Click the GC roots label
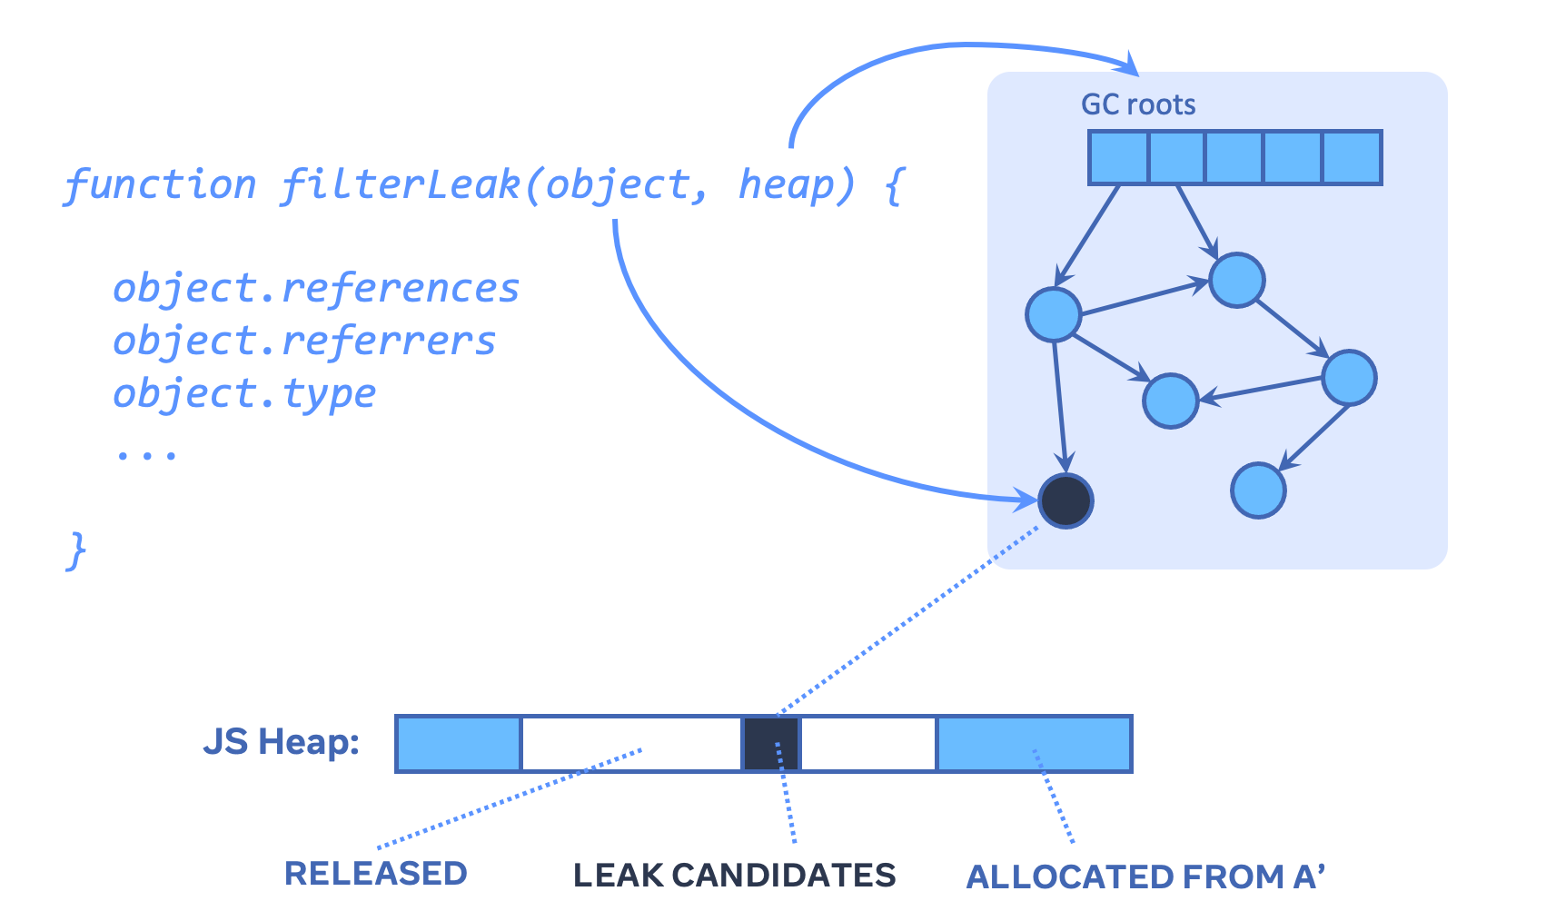coord(1137,104)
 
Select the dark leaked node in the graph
coord(1065,500)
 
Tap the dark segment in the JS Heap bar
coord(771,743)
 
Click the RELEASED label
coord(375,873)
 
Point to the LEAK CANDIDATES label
coord(734,875)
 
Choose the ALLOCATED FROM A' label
coord(1145,876)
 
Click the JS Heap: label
coord(282,742)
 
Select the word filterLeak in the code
coord(400,184)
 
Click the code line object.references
coord(316,289)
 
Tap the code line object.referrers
coord(304,342)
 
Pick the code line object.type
coord(243,394)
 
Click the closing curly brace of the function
coord(77,550)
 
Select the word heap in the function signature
coord(786,184)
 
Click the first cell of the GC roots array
coord(1119,157)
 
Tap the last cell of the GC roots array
coord(1352,157)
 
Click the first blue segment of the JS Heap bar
coord(459,743)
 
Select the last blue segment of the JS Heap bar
coord(1034,743)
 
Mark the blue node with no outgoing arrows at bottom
coord(1258,490)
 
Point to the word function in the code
coord(161,184)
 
